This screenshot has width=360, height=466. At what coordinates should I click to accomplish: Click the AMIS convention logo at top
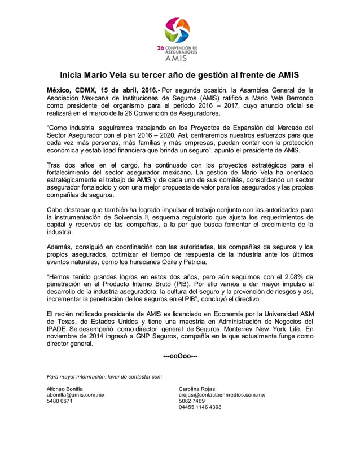[179, 38]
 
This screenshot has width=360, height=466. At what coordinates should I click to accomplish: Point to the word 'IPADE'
[58, 328]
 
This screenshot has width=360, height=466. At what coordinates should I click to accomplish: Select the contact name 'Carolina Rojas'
[197, 389]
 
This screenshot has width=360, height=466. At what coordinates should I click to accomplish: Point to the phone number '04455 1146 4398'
[200, 407]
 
